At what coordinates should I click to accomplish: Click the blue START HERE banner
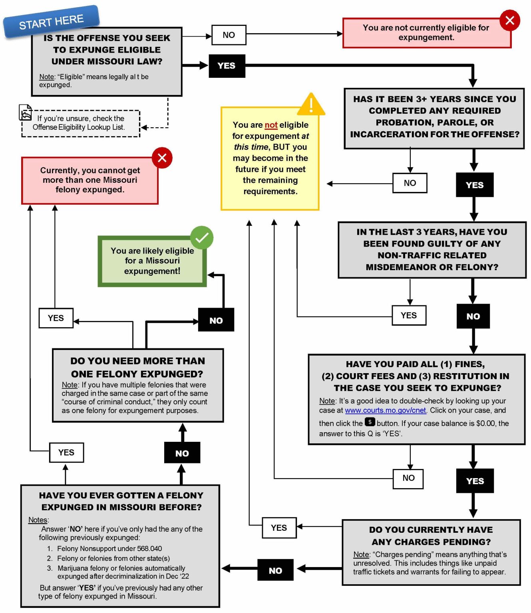[x=51, y=22]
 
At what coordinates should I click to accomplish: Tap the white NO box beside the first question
[x=229, y=35]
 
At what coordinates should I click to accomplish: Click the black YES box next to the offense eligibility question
[x=227, y=66]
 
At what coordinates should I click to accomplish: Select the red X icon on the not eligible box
[x=509, y=20]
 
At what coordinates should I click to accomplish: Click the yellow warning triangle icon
[x=311, y=105]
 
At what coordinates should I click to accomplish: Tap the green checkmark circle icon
[x=201, y=238]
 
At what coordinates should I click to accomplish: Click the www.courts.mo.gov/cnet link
[x=385, y=411]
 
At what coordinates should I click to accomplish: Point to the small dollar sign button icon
[x=370, y=422]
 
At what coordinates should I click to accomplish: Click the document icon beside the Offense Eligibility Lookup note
[x=26, y=113]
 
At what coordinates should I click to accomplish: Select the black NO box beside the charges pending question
[x=275, y=570]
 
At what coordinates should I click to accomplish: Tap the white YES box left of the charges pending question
[x=278, y=528]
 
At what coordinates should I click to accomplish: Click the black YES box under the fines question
[x=475, y=481]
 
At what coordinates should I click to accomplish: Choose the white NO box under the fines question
[x=408, y=478]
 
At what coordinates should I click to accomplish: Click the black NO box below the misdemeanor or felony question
[x=473, y=316]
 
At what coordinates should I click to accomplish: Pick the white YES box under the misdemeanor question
[x=408, y=316]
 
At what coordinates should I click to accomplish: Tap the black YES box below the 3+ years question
[x=474, y=185]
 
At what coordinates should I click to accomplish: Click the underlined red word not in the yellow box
[x=271, y=125]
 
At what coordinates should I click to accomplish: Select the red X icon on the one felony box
[x=162, y=158]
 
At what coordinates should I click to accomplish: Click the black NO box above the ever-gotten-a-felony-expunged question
[x=182, y=453]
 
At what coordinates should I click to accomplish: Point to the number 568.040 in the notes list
[x=149, y=549]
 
